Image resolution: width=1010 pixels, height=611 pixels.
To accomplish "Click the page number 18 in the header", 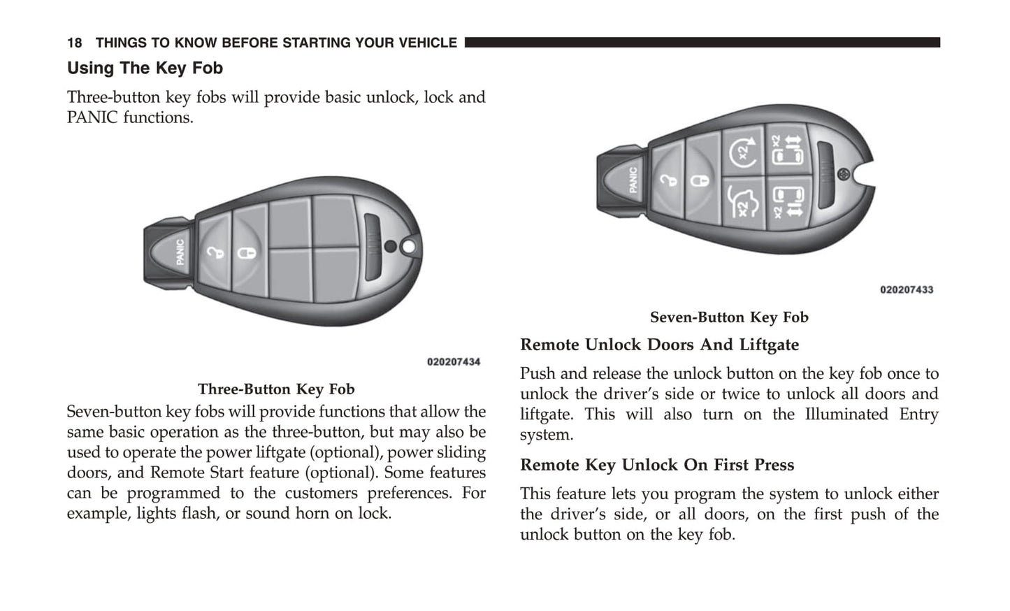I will coord(74,43).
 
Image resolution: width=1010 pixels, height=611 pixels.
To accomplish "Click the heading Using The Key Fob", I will coord(145,69).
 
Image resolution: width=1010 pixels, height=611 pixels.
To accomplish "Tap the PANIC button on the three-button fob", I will coord(178,252).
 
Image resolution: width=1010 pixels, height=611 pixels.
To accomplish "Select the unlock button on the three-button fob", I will coord(213,252).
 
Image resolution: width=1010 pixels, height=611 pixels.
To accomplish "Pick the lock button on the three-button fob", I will coord(247,251).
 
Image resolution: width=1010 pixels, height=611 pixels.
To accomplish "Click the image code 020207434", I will coord(454,362).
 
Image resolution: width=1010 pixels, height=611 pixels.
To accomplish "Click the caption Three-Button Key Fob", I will coord(276,389).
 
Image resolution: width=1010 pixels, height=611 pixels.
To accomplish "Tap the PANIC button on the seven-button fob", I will coord(630,180).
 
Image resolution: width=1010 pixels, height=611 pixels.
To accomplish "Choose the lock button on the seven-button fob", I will coord(700,180).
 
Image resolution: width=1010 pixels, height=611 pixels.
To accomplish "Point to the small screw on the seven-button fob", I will coord(843,173).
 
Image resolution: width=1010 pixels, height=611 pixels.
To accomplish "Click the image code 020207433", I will coord(907,290).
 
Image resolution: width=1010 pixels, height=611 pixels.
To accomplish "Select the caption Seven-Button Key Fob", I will coord(729,317).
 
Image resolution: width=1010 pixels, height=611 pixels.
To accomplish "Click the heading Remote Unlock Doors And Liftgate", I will coord(659,345).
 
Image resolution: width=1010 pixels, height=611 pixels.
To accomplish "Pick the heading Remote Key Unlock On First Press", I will coord(657,465).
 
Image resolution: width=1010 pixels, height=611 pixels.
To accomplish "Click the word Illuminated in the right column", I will coord(846,414).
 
